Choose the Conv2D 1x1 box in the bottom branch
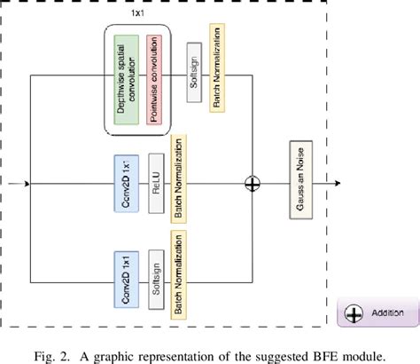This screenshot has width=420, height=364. click(x=124, y=279)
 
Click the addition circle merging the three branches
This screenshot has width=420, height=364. click(x=253, y=184)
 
